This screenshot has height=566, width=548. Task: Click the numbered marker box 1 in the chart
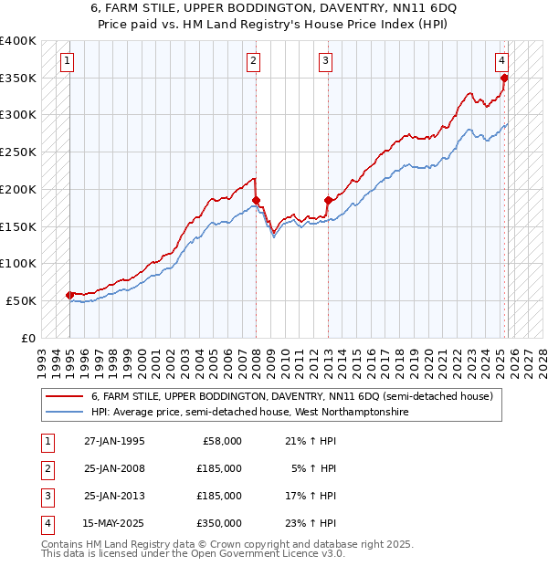(x=68, y=61)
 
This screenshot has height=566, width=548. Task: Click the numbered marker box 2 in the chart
(x=253, y=61)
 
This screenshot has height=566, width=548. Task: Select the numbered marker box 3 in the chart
(x=326, y=61)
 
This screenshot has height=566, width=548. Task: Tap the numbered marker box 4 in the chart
(x=502, y=61)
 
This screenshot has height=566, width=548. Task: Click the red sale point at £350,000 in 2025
(x=504, y=79)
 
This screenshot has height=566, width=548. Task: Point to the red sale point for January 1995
(x=70, y=295)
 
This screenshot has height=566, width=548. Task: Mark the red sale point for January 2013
(x=328, y=200)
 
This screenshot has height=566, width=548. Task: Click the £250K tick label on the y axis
(x=17, y=152)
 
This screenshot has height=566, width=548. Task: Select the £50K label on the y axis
(x=21, y=300)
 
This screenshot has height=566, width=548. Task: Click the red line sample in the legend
(x=64, y=396)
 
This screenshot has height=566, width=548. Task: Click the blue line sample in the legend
(x=64, y=412)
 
